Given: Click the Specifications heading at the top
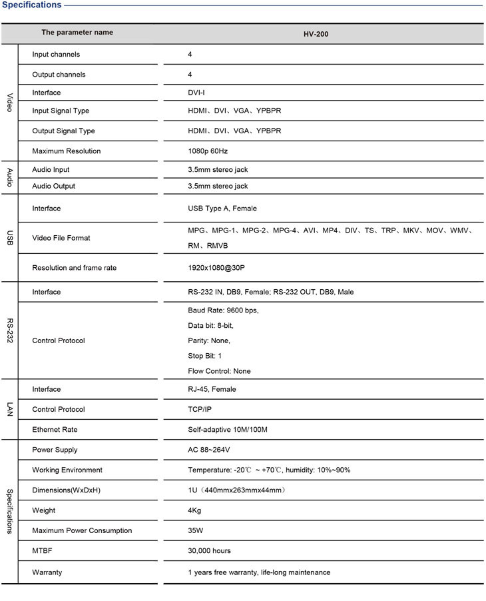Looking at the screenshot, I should [x=31, y=5].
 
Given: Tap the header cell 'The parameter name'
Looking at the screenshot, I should [x=77, y=33].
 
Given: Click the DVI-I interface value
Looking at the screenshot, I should [x=196, y=93].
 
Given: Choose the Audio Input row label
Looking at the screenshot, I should [x=51, y=170].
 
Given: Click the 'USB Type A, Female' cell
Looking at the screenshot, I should [x=222, y=209].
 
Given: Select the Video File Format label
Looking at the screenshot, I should [x=61, y=238].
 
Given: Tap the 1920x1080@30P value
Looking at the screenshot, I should [x=218, y=268].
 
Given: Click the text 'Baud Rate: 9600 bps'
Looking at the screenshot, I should [x=223, y=310].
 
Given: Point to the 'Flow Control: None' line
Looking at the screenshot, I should [x=219, y=371].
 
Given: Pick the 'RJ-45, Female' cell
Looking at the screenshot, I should [x=212, y=389].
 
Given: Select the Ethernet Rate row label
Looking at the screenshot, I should [x=55, y=430].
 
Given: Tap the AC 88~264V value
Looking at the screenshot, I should [x=209, y=450].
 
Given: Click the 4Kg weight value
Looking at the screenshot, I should [x=194, y=511].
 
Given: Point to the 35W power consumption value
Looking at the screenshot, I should [x=196, y=531].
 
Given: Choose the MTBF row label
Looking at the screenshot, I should [x=41, y=551].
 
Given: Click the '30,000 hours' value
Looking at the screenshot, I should [x=209, y=551].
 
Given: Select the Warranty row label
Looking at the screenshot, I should [x=47, y=572].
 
